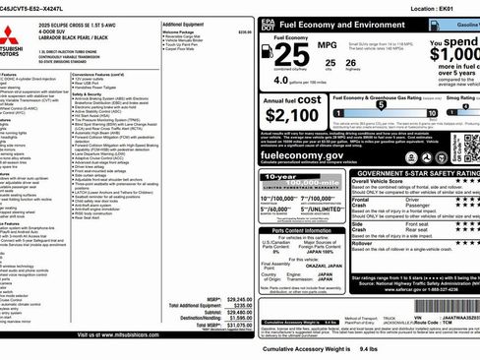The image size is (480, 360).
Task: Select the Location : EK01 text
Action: pos(438,7)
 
